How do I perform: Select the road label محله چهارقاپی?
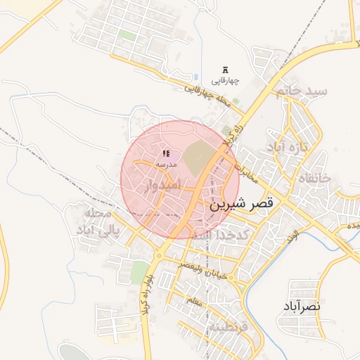pyautogui.click(x=208, y=97)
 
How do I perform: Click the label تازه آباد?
pyautogui.click(x=288, y=148)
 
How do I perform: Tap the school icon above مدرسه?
pyautogui.click(x=166, y=153)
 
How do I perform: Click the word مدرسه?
pyautogui.click(x=167, y=164)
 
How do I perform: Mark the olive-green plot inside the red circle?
pyautogui.click(x=198, y=157)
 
